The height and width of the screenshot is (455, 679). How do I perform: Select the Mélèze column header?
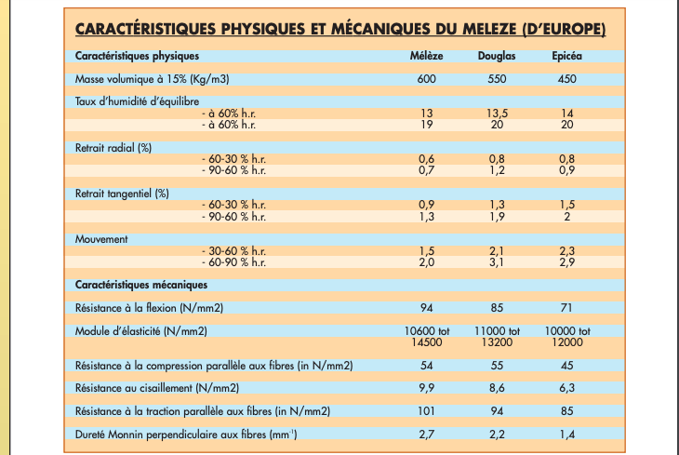point(427,56)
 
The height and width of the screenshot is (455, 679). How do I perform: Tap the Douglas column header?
point(497,56)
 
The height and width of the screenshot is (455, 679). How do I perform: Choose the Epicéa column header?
point(567,56)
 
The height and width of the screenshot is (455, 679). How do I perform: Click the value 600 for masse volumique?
point(427,79)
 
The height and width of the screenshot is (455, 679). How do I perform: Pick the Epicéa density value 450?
point(567,79)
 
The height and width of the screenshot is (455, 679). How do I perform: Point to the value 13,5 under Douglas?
point(497,113)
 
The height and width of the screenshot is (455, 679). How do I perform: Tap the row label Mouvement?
point(100,238)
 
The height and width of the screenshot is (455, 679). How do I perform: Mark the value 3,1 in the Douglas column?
point(497,261)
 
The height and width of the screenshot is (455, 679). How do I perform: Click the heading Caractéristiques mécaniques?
point(140,284)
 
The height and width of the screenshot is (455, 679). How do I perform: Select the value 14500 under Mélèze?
point(427,341)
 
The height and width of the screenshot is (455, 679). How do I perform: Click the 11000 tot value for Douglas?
point(497,330)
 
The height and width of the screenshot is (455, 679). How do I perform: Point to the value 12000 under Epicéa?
point(567,341)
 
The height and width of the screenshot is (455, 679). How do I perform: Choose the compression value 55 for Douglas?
point(497,365)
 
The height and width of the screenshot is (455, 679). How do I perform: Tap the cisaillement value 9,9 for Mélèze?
point(427,387)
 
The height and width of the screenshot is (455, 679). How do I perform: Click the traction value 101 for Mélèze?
point(427,410)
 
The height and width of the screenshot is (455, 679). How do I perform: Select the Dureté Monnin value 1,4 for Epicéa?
point(567,434)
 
